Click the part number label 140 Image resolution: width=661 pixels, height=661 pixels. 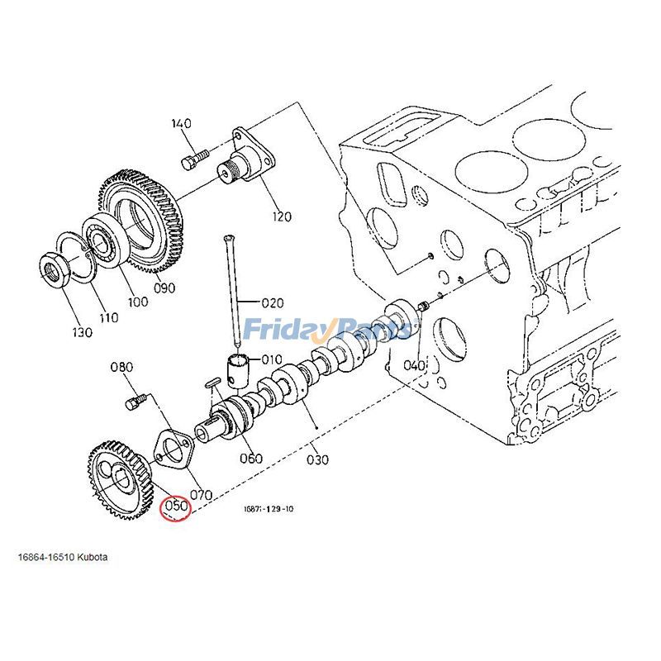pos(182,124)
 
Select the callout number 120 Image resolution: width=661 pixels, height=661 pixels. pos(282,217)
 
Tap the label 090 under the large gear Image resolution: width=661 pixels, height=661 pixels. pos(165,288)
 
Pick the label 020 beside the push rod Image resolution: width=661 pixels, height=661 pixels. pos(273,302)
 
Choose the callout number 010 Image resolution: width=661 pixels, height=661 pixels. pos(272,359)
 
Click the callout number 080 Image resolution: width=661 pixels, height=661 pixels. pos(121,367)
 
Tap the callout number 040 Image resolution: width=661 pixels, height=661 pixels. pos(413,365)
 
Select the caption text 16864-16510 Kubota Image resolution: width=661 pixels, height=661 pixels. pos(63,557)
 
